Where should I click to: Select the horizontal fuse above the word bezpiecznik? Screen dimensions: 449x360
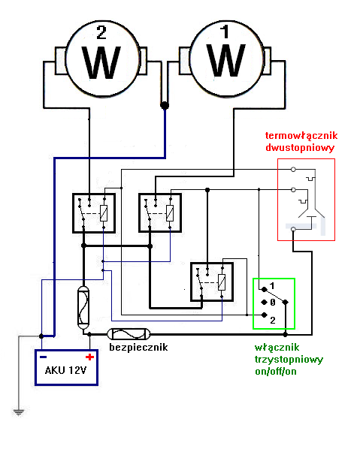pyautogui.click(x=130, y=333)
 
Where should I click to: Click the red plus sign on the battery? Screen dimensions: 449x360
pyautogui.click(x=89, y=357)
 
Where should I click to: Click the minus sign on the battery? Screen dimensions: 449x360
pyautogui.click(x=44, y=357)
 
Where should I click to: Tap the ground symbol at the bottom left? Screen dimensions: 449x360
pyautogui.click(x=16, y=411)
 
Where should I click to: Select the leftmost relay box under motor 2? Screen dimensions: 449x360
pyautogui.click(x=94, y=212)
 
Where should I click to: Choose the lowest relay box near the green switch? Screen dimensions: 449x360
pyautogui.click(x=212, y=282)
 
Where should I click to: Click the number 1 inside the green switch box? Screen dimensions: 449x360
pyautogui.click(x=273, y=286)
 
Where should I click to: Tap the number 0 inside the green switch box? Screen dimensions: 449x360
pyautogui.click(x=273, y=302)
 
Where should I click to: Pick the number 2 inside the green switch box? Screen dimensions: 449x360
pyautogui.click(x=273, y=320)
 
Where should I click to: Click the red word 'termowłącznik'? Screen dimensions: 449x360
pyautogui.click(x=299, y=136)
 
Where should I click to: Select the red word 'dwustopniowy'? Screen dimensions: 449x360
pyautogui.click(x=299, y=148)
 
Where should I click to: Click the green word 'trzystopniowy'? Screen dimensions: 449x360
pyautogui.click(x=289, y=359)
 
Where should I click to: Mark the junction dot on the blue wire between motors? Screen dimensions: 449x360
pyautogui.click(x=164, y=106)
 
